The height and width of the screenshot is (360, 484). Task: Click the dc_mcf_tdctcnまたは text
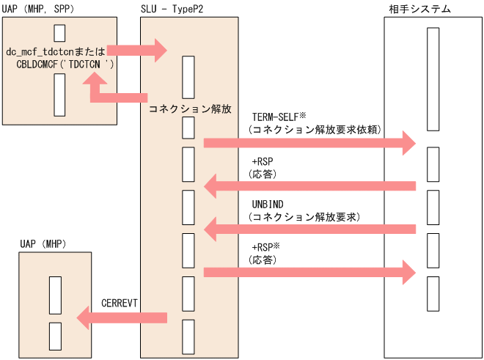point(56,51)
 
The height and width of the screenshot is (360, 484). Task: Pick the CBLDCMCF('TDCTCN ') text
point(65,64)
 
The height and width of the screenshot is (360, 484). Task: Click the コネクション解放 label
point(190,109)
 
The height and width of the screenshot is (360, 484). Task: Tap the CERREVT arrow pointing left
point(122,317)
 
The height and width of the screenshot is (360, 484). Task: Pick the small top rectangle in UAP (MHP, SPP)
point(59,33)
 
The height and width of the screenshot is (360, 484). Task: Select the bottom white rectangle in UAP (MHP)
point(54,336)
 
